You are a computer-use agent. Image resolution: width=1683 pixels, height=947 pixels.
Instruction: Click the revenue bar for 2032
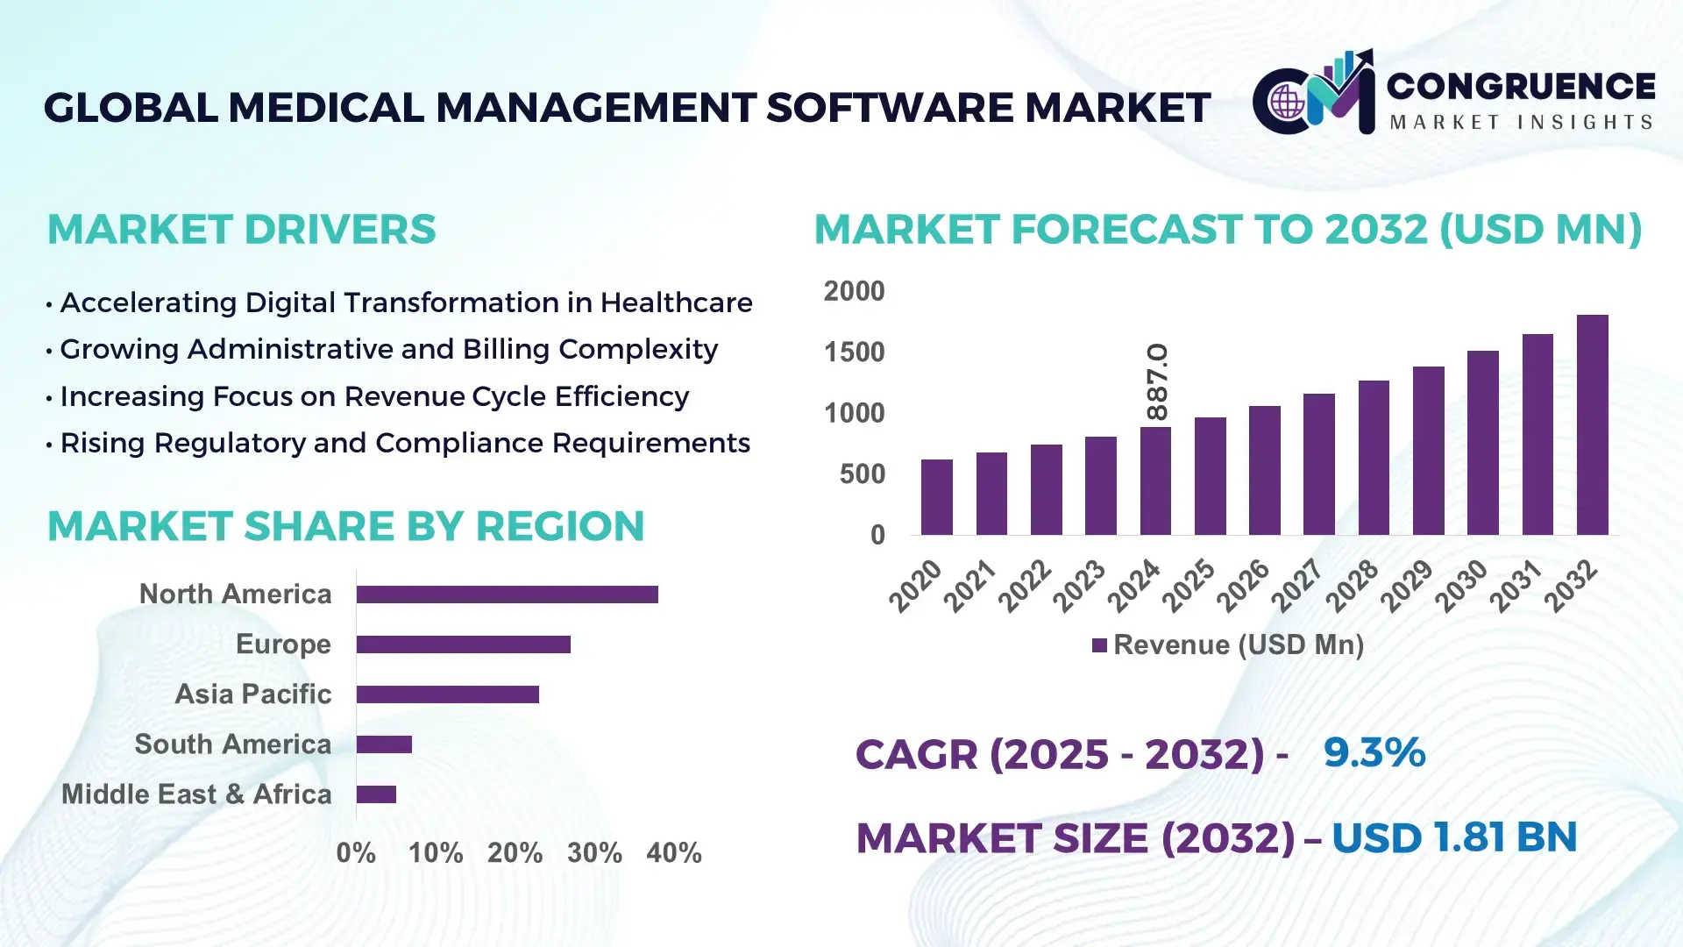[x=1592, y=425]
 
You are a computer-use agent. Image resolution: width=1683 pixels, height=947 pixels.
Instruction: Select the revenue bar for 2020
[x=936, y=497]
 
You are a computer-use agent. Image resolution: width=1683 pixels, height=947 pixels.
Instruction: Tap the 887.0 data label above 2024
[x=1157, y=382]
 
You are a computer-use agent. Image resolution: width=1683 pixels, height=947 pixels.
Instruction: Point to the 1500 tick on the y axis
[x=854, y=352]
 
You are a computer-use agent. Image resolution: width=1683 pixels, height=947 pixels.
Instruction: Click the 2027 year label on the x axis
[x=1296, y=585]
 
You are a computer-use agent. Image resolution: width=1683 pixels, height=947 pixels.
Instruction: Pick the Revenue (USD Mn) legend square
[x=1099, y=646]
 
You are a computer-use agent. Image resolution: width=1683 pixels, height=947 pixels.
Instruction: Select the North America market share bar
[x=507, y=595]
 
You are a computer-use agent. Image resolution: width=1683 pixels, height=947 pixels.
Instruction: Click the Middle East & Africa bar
[x=376, y=794]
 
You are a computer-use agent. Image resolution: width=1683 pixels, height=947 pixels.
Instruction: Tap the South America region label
[x=232, y=744]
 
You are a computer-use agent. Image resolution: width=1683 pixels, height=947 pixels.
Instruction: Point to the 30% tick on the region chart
[x=594, y=853]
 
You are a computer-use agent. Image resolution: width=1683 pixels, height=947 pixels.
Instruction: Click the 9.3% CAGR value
[x=1374, y=752]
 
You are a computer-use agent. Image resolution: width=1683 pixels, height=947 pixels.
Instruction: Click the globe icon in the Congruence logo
[x=1287, y=102]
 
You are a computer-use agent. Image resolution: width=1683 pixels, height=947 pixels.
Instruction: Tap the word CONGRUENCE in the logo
[x=1521, y=86]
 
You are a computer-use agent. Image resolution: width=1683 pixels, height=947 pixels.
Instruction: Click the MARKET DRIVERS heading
[x=241, y=230]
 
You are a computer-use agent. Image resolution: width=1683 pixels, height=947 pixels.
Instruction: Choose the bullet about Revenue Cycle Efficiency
[x=373, y=396]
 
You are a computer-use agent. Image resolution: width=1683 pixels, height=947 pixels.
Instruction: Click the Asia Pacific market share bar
[x=447, y=694]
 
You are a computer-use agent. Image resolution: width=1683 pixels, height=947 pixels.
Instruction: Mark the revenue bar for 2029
[x=1428, y=451]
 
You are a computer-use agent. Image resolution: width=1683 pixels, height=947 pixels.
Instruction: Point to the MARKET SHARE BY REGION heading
[x=345, y=527]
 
